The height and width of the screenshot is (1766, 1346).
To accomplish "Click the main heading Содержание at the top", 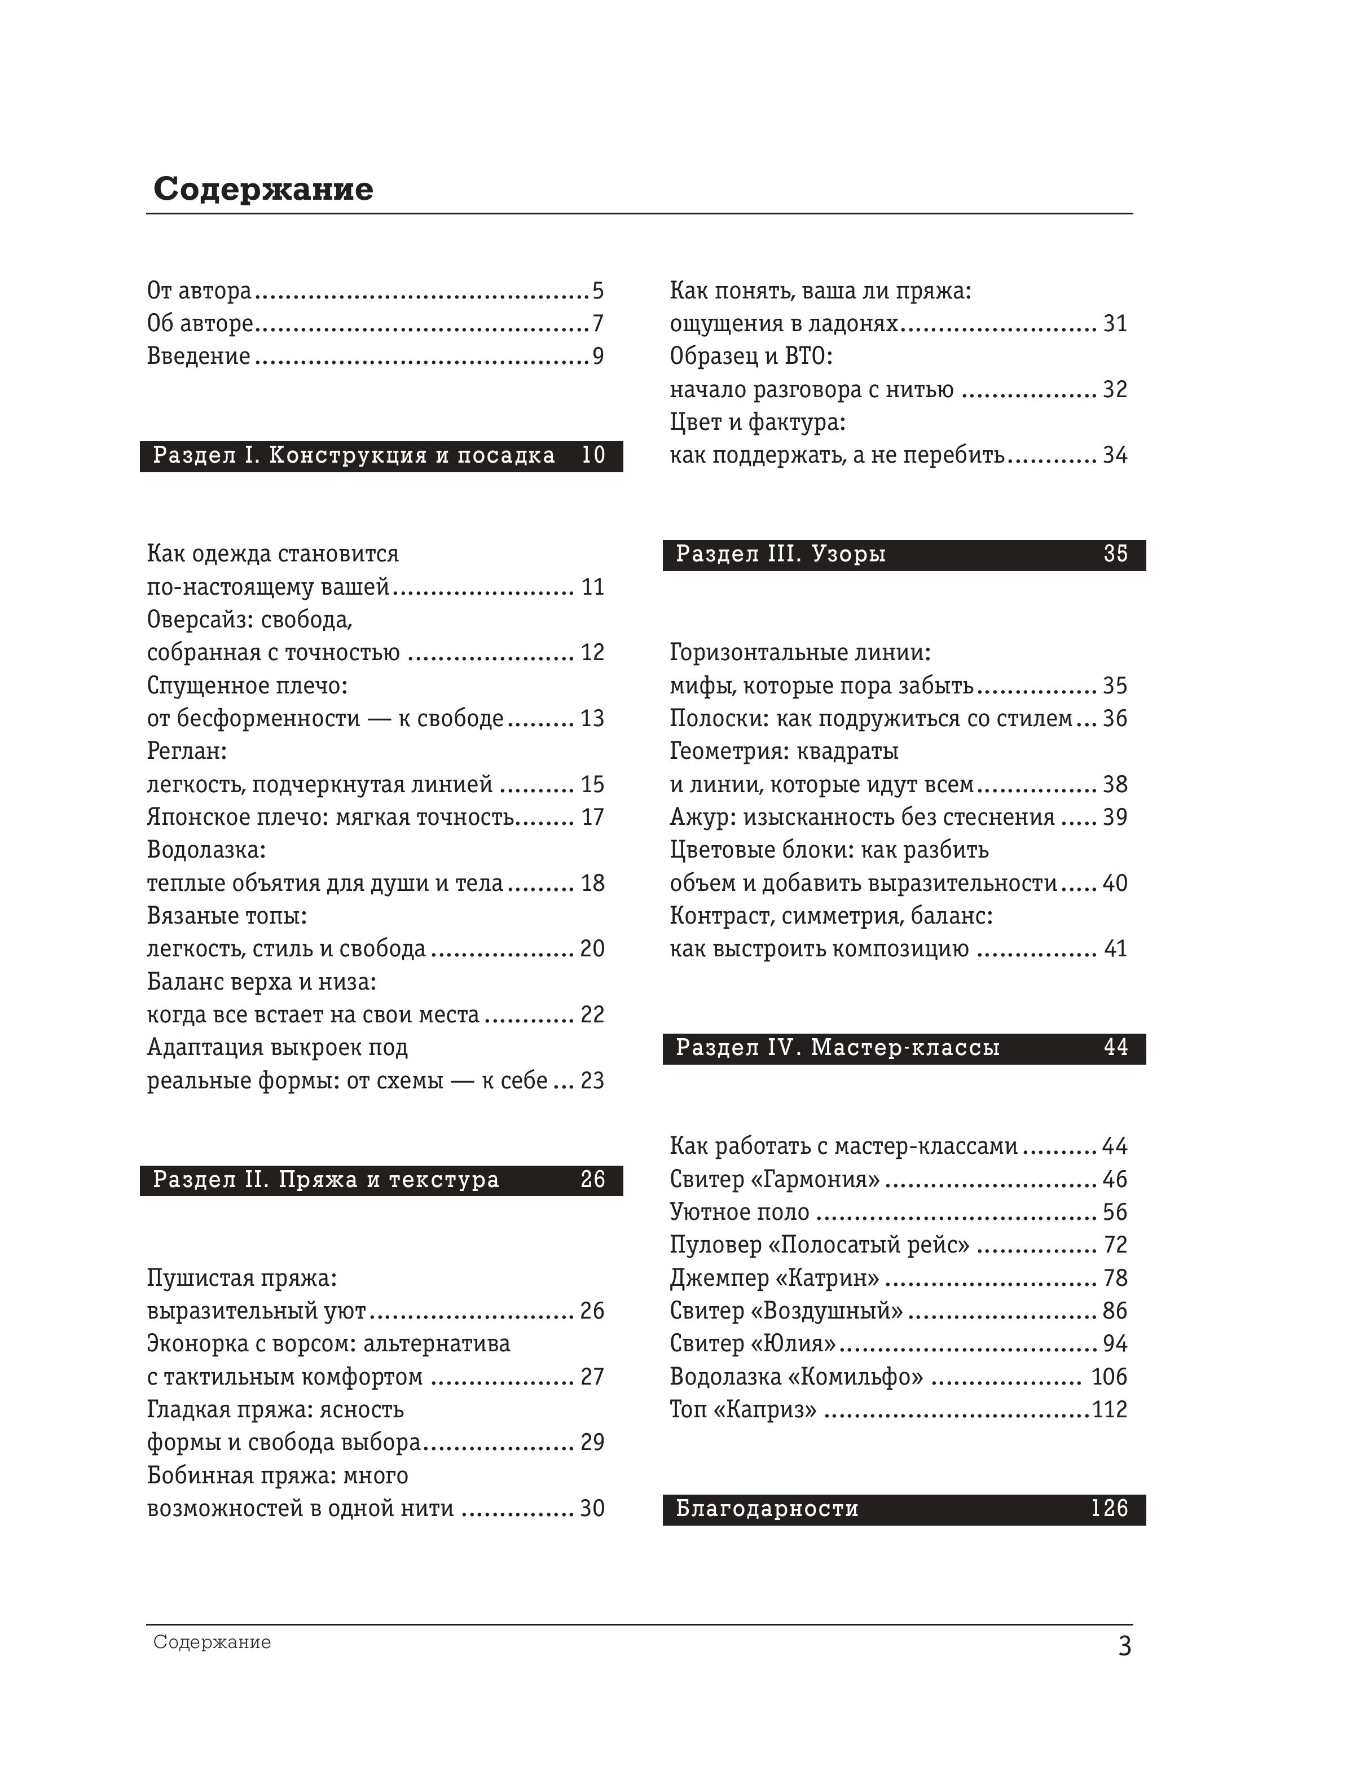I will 263,189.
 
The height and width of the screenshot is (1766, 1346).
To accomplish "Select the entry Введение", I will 199,357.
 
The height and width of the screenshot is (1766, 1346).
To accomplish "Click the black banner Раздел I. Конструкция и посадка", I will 381,456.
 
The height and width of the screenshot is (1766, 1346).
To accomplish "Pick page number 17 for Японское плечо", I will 592,818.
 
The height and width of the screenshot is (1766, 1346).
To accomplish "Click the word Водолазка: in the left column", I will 206,849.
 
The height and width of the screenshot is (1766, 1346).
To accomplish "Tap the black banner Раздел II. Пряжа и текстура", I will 381,1180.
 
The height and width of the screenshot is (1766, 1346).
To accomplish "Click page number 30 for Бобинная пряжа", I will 592,1508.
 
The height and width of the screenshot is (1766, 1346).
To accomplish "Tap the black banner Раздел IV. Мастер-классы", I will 904,1048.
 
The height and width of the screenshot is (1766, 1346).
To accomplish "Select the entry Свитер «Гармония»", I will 775,1179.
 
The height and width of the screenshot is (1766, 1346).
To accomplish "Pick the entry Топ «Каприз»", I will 743,1409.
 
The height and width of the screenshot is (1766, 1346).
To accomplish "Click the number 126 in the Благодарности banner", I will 1109,1509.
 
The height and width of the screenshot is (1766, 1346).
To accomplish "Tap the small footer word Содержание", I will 212,1642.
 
